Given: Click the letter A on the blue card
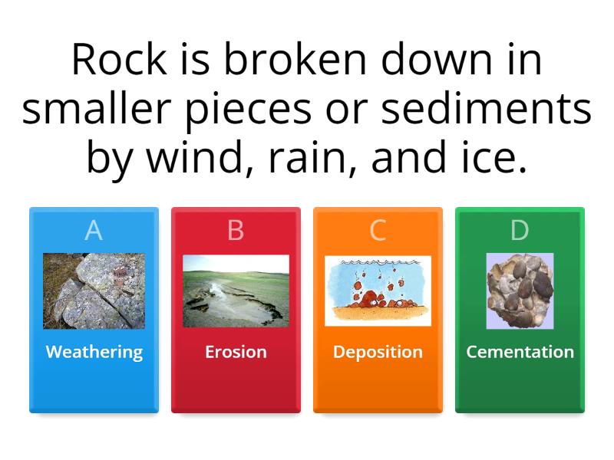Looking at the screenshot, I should pyautogui.click(x=94, y=230).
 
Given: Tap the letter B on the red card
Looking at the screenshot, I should pyautogui.click(x=236, y=230).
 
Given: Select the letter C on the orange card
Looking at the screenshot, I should pyautogui.click(x=378, y=230).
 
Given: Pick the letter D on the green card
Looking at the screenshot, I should pyautogui.click(x=520, y=230).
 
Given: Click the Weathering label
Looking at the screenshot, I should pyautogui.click(x=94, y=352).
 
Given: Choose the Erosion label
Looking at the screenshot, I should pyautogui.click(x=236, y=352).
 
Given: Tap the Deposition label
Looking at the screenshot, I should pyautogui.click(x=378, y=352).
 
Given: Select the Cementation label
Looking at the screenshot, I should pyautogui.click(x=520, y=352).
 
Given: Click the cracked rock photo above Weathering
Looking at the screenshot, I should pyautogui.click(x=94, y=291).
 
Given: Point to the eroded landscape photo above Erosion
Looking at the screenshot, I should pyautogui.click(x=236, y=291).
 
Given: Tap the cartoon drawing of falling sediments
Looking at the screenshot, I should pyautogui.click(x=378, y=291).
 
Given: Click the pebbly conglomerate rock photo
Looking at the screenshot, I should pyautogui.click(x=520, y=291).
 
